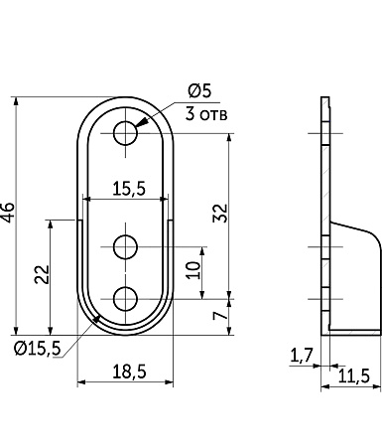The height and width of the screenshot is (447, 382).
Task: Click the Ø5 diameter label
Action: (x=199, y=90)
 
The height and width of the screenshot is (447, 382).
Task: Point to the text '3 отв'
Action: (x=206, y=114)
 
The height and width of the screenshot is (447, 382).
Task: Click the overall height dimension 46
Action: (x=8, y=213)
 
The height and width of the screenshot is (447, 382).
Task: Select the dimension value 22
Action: (x=43, y=274)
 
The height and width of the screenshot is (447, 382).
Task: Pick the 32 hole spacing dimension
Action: (x=221, y=213)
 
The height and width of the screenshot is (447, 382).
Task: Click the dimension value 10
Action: (x=193, y=270)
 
